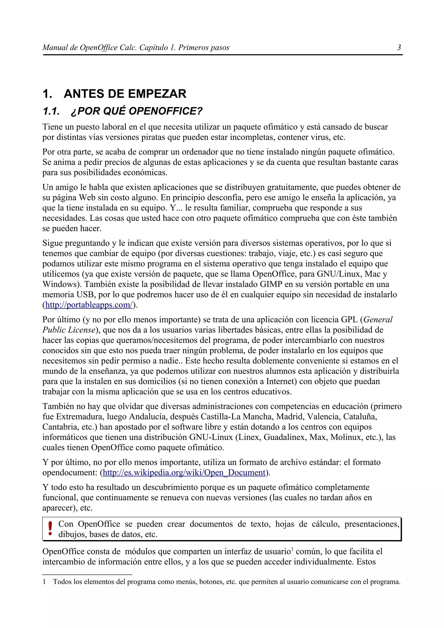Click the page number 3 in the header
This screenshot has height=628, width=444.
(x=399, y=48)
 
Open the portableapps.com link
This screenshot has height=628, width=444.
(x=89, y=305)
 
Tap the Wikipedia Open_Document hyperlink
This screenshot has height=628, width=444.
(x=184, y=472)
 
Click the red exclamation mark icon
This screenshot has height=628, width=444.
(x=50, y=528)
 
